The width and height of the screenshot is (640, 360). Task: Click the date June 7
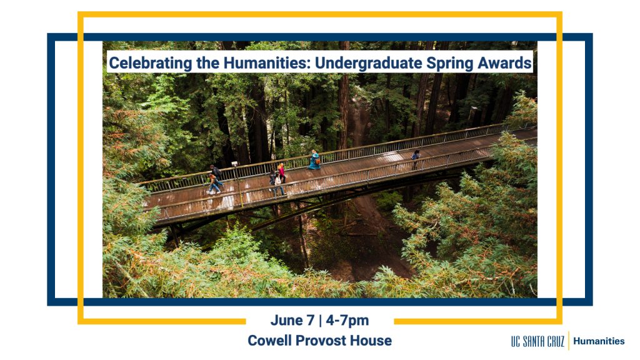(292, 321)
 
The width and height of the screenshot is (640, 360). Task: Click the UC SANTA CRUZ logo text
(537, 341)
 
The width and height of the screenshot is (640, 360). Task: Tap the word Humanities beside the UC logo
(599, 341)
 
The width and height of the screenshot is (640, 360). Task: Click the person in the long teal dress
(314, 159)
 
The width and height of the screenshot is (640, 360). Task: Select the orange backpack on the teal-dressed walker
(317, 161)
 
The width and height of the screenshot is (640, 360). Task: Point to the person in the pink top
(281, 172)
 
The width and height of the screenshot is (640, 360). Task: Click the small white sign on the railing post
(234, 164)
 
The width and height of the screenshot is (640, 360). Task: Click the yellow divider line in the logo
(569, 341)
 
